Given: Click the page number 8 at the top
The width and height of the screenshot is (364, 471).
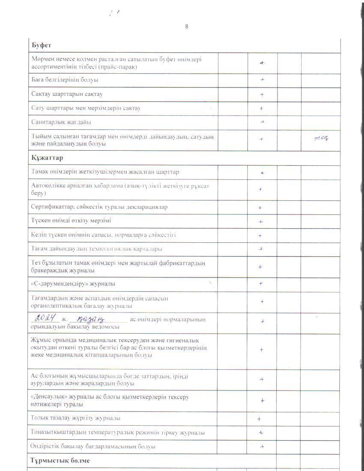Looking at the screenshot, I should pos(187,27).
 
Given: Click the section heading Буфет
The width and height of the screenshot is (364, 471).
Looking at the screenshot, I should pos(42,45).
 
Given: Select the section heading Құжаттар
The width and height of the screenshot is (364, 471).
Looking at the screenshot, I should pos(47,158).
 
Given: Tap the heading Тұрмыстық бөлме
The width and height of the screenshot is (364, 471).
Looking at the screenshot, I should pos(60,461).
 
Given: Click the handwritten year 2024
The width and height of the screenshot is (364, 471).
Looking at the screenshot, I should pos(46,318).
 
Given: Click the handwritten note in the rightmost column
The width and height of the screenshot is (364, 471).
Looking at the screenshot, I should pos(321,138).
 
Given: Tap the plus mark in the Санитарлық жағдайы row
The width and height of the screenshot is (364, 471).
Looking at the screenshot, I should pos(262,122).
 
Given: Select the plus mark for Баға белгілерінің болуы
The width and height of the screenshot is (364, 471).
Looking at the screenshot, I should pos(262,80).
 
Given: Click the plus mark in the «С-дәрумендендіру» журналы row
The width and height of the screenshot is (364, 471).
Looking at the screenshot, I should pos(261,283).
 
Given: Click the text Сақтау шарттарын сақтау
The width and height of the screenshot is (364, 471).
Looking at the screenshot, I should pos(67,94).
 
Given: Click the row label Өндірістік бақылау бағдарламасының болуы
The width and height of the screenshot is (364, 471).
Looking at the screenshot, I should pos(92,447).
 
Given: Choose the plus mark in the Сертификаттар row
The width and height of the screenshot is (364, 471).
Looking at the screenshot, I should pos(260,208).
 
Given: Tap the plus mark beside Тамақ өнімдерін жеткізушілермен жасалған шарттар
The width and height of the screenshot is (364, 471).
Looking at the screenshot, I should pos(262,173).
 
